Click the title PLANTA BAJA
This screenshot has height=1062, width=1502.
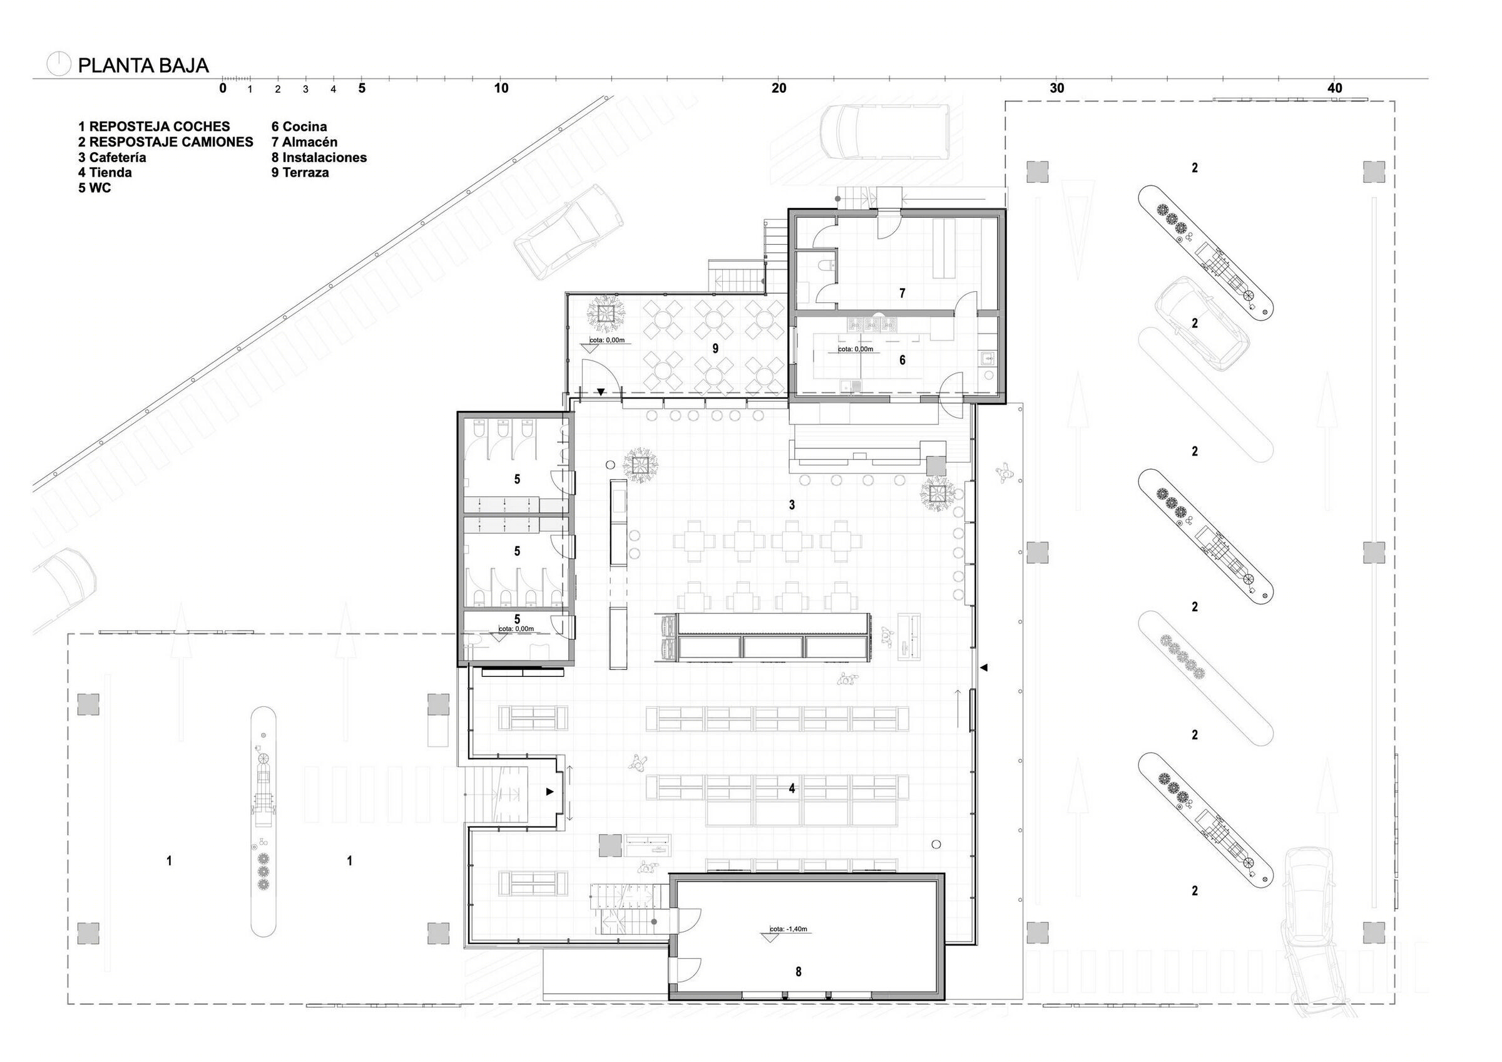click(x=143, y=65)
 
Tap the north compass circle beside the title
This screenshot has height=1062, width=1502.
click(x=58, y=63)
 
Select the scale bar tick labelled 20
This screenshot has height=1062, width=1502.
click(x=779, y=88)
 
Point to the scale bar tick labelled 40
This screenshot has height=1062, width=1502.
click(x=1334, y=88)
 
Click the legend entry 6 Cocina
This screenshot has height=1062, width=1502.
click(x=299, y=127)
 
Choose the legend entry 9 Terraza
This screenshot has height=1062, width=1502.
click(x=300, y=173)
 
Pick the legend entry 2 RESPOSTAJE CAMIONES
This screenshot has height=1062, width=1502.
click(x=165, y=142)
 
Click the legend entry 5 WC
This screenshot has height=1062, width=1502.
click(x=95, y=188)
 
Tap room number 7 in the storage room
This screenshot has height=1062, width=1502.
click(x=902, y=293)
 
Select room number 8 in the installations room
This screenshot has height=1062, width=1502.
click(x=798, y=972)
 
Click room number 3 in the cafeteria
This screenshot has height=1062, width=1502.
click(x=792, y=505)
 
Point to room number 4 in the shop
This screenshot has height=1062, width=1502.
click(x=792, y=788)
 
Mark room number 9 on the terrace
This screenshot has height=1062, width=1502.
click(x=715, y=349)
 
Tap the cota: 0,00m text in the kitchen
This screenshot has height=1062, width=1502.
click(x=856, y=349)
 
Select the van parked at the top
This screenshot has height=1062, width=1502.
click(x=884, y=131)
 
